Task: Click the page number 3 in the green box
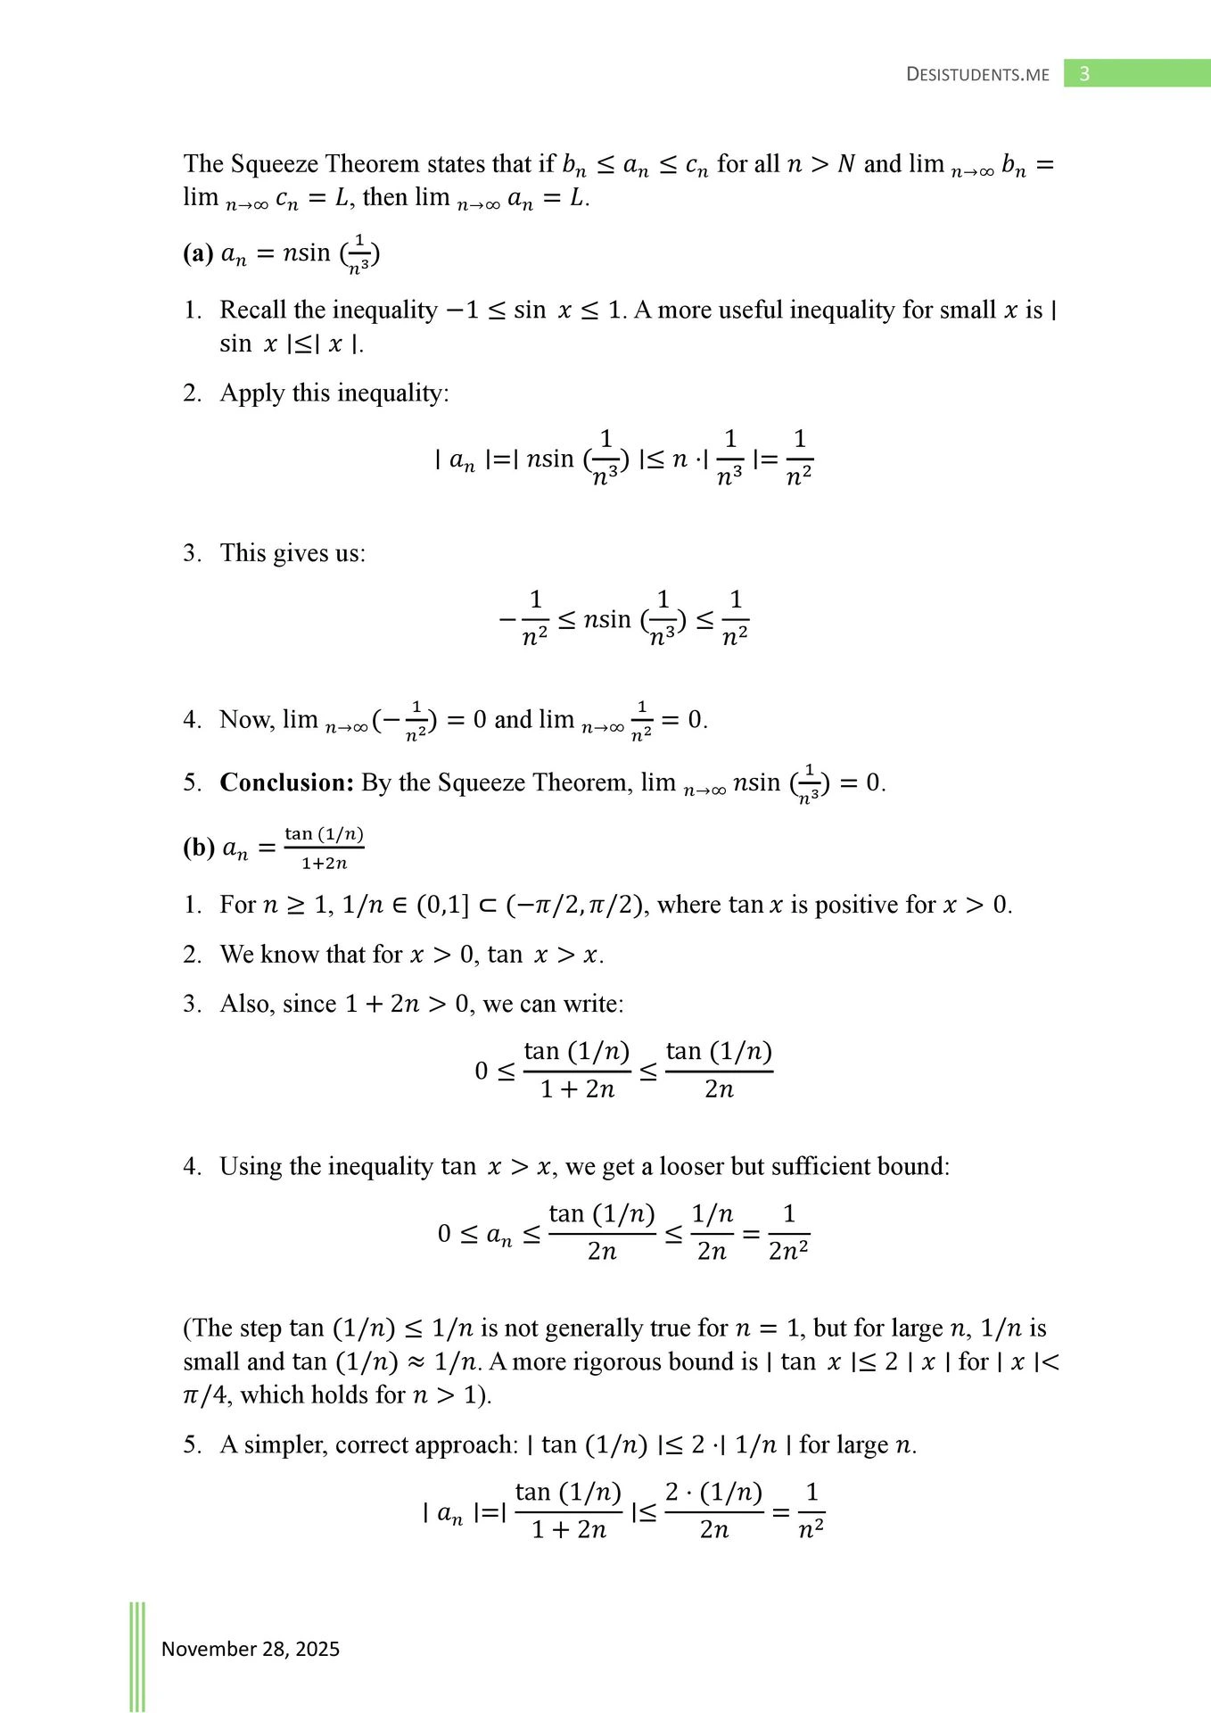[1084, 74]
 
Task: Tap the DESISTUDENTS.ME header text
[977, 75]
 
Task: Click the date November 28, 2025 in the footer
[251, 1649]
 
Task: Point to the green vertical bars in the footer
[137, 1656]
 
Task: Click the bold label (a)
[197, 254]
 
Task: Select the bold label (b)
[198, 848]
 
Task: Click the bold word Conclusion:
[287, 782]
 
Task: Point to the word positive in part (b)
[856, 905]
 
